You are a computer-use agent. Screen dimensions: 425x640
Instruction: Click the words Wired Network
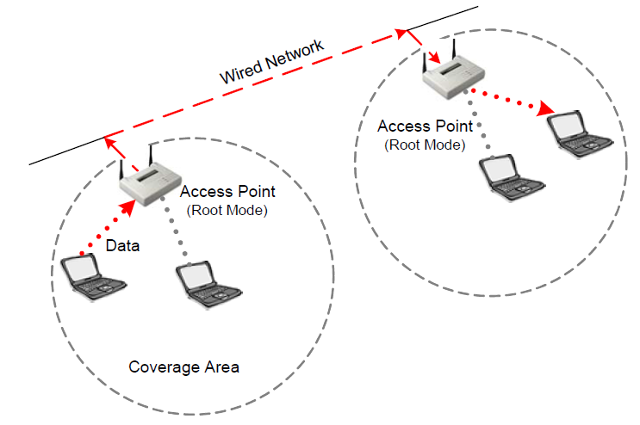[x=272, y=62]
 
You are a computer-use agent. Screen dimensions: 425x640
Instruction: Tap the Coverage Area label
[x=183, y=367]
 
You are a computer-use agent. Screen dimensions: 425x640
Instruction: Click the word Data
[x=123, y=246]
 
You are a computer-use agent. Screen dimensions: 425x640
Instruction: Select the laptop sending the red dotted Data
[x=94, y=276]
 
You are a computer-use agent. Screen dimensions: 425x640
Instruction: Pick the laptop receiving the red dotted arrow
[x=579, y=132]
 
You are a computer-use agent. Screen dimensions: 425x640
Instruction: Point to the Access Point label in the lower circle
[x=227, y=192]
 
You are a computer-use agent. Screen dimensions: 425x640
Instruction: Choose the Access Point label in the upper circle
[x=425, y=127]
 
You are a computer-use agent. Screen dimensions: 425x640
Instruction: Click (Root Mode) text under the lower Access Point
[x=227, y=209]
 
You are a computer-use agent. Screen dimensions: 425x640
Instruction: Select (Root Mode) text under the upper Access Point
[x=425, y=145]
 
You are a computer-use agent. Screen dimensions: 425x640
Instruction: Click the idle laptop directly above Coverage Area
[x=204, y=285]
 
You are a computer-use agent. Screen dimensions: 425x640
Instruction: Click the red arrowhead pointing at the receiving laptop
[x=544, y=109]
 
